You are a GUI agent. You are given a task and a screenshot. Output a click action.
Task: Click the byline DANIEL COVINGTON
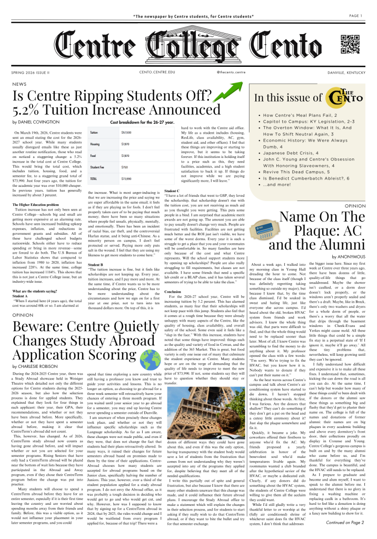click(x=39, y=122)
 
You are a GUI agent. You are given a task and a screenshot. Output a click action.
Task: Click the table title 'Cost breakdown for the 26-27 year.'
click(x=141, y=122)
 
